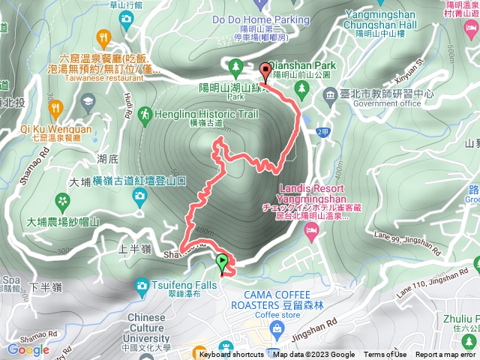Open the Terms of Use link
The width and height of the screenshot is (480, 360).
point(385,355)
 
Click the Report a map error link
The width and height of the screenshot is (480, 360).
point(447,355)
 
